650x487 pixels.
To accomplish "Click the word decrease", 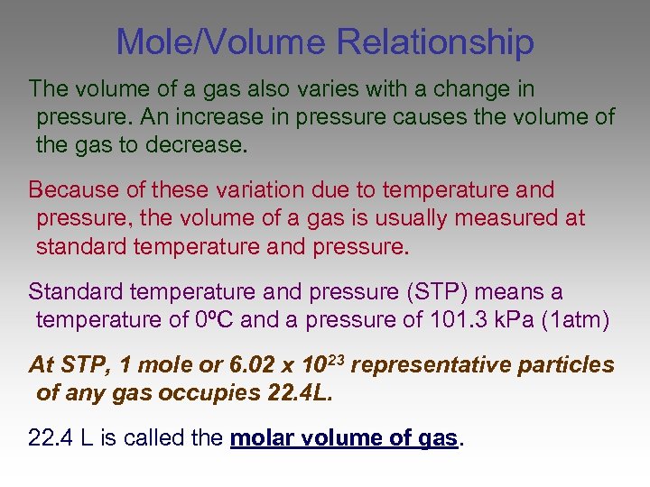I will [204, 145].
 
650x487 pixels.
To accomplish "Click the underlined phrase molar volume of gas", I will [345, 439].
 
